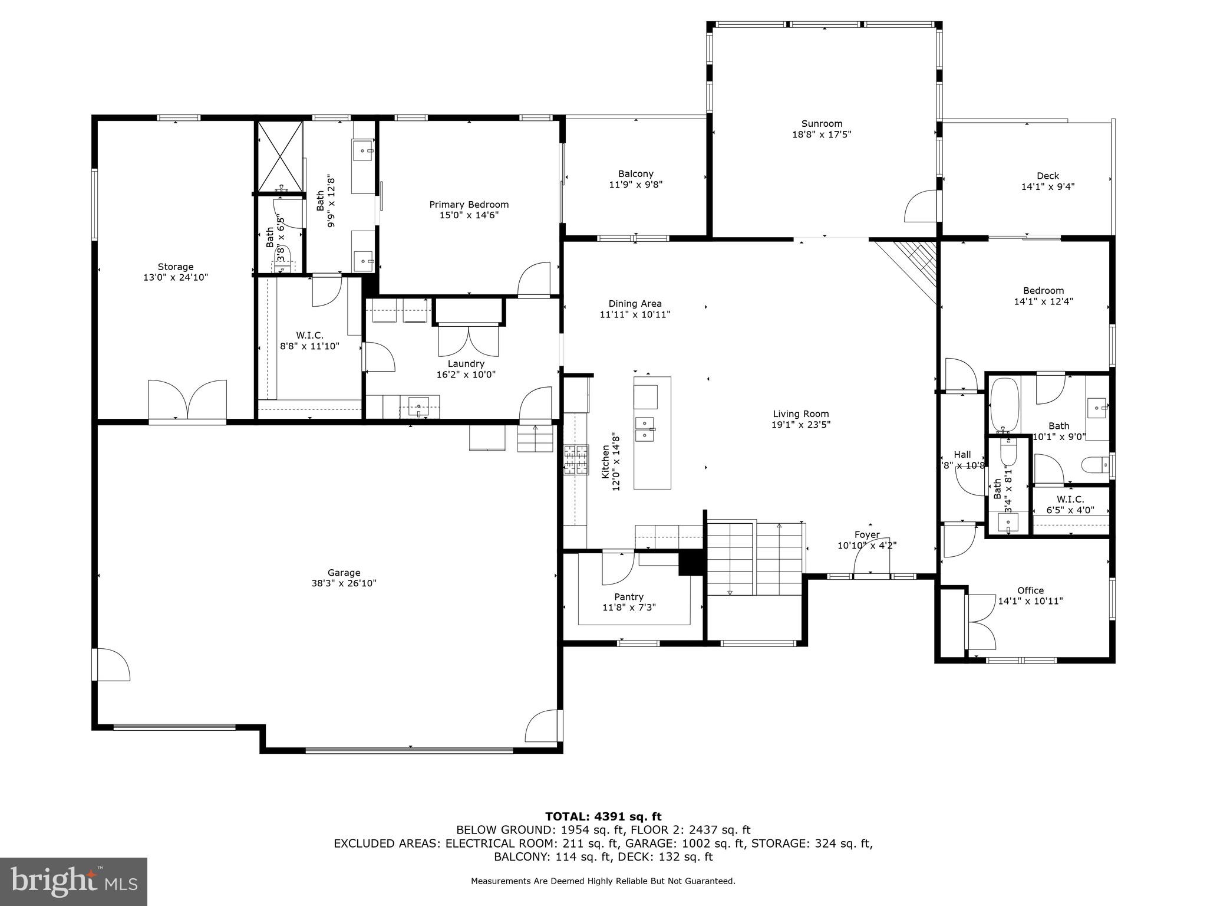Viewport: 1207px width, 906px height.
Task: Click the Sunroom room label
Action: [822, 124]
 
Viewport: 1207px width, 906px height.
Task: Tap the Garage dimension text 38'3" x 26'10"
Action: [344, 583]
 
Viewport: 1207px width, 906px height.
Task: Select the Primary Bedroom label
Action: [469, 205]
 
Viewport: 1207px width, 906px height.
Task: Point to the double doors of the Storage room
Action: [187, 399]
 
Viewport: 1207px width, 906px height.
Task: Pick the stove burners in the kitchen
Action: [576, 460]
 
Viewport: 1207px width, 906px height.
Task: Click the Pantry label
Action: [629, 597]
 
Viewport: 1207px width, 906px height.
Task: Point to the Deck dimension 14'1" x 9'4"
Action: [1048, 187]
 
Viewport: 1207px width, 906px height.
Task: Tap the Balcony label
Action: [635, 174]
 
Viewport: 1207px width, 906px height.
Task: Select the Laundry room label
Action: [466, 364]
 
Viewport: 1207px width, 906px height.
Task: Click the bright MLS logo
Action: [74, 882]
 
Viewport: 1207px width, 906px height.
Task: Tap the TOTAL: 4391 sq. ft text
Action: [603, 817]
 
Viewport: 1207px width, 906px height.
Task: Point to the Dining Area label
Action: [635, 304]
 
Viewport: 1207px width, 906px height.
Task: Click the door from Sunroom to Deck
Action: [921, 207]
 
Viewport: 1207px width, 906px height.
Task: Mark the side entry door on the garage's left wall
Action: [112, 665]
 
